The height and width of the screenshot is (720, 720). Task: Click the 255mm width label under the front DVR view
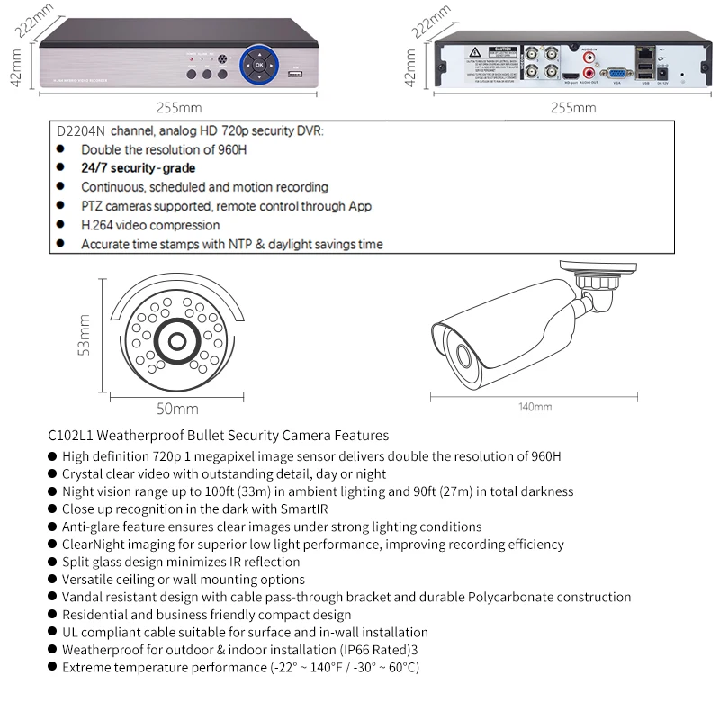click(179, 108)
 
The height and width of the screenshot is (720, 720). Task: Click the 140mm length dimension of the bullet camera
click(535, 407)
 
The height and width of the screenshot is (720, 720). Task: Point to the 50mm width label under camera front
click(177, 409)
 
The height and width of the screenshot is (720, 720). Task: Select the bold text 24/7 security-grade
click(138, 168)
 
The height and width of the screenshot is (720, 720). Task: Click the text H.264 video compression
click(150, 225)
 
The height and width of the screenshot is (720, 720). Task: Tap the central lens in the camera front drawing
click(175, 342)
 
